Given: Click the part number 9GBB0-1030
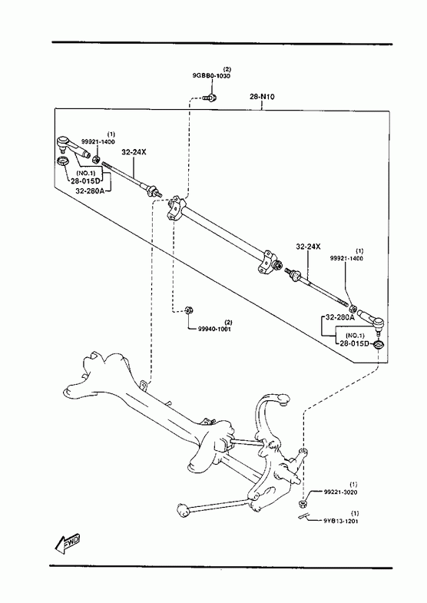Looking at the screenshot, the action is [x=211, y=76].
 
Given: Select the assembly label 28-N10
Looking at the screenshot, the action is [x=262, y=97].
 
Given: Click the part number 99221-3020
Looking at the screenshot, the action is [x=340, y=492].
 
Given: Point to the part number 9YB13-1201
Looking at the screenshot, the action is [x=340, y=521].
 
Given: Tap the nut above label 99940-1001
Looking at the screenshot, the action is [x=188, y=310].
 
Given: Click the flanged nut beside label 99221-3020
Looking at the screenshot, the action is [x=303, y=503].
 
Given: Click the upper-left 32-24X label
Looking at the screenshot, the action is [x=134, y=152].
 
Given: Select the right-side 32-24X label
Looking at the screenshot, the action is [x=308, y=247].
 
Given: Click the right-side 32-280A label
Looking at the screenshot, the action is [x=340, y=318].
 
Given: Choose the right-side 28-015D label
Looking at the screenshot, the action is [x=354, y=343].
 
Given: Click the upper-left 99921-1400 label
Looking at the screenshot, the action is [x=98, y=142].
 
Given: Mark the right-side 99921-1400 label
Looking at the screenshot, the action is [x=346, y=258].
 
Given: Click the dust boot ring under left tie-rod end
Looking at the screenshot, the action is [x=63, y=161].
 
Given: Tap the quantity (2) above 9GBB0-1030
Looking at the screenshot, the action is [x=227, y=70].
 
